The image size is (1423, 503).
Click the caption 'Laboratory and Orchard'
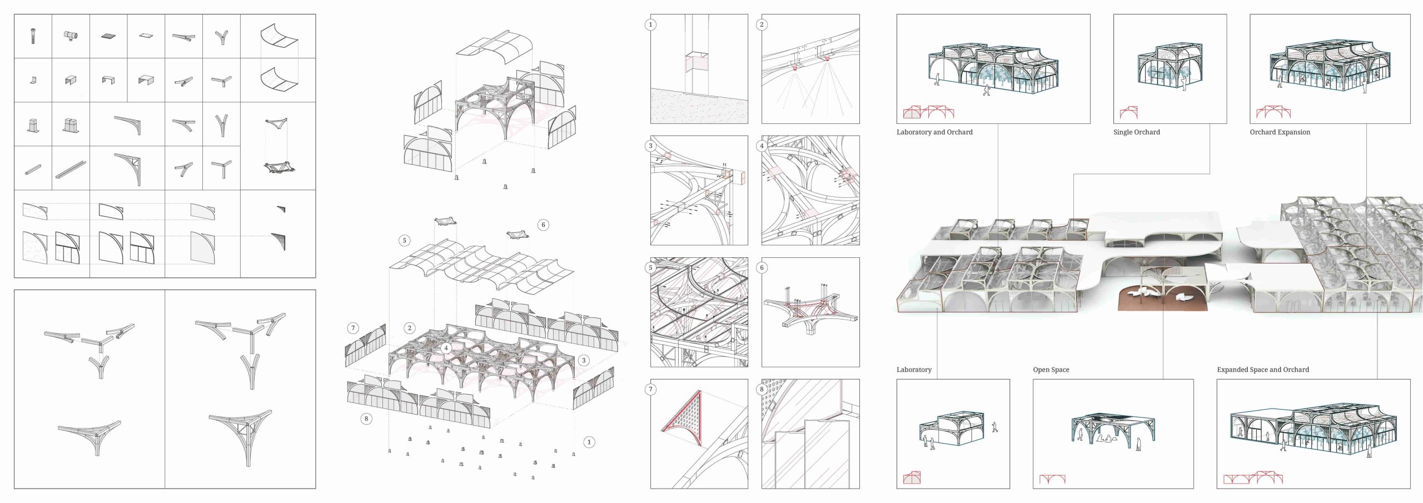pyautogui.click(x=934, y=132)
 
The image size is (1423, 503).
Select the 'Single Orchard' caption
pyautogui.click(x=1136, y=132)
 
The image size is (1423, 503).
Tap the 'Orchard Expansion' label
pyautogui.click(x=1280, y=132)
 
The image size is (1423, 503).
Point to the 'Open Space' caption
pyautogui.click(x=1051, y=370)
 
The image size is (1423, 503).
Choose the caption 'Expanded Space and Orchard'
pyautogui.click(x=1262, y=370)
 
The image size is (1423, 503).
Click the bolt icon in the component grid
pyautogui.click(x=33, y=37)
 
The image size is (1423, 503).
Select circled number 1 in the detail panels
pyautogui.click(x=650, y=24)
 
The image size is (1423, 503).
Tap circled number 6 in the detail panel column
pyautogui.click(x=762, y=267)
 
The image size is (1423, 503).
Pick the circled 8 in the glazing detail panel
pyautogui.click(x=762, y=389)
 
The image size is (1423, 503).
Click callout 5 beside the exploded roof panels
pyautogui.click(x=404, y=241)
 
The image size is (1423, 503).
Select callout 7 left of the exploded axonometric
pyautogui.click(x=352, y=328)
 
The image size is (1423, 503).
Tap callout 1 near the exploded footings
pyautogui.click(x=589, y=442)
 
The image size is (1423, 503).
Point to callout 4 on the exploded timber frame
pyautogui.click(x=445, y=348)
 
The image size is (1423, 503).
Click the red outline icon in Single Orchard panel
pyautogui.click(x=1129, y=112)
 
